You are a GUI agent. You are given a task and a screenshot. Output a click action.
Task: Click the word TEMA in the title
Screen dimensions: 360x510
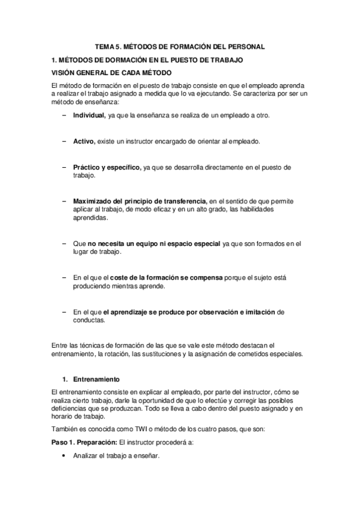(x=107, y=46)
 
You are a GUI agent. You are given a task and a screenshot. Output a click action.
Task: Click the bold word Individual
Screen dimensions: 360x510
(x=89, y=114)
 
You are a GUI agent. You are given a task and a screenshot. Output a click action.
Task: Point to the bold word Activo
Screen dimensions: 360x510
(x=84, y=141)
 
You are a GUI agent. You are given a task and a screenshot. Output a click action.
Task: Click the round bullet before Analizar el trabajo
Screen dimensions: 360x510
(x=64, y=456)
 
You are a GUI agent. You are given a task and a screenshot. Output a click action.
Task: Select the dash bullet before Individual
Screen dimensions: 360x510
(x=64, y=114)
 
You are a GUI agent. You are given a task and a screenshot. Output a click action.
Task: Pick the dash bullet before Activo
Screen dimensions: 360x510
(x=64, y=141)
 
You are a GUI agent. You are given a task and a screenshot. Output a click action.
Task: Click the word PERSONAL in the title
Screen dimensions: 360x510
(x=247, y=46)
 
